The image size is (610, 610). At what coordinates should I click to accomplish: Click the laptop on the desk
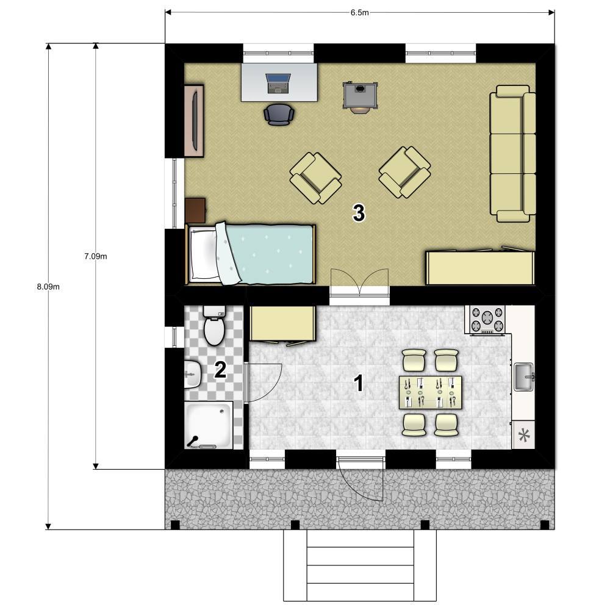tap(278, 84)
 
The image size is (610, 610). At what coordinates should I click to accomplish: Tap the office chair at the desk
tap(279, 115)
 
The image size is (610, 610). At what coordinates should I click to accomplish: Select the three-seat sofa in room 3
tap(513, 154)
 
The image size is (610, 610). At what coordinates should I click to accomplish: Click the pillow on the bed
tap(203, 254)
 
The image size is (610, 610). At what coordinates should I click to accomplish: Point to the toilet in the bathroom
tap(214, 325)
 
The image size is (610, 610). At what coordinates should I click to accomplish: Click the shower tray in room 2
tap(209, 425)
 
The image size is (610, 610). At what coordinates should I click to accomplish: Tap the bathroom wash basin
tap(193, 375)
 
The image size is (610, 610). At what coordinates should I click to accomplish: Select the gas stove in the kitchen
tap(487, 319)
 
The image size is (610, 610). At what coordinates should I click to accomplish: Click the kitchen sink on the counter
tap(524, 376)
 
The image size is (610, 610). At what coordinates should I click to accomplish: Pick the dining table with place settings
tap(430, 392)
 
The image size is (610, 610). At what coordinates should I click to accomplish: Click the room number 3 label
tap(359, 213)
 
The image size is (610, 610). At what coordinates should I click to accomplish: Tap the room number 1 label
tap(358, 383)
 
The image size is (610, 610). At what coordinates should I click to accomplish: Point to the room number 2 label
tap(220, 370)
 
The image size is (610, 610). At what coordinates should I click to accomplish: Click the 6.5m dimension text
tap(359, 12)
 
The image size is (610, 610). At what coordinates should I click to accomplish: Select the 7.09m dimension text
tap(96, 256)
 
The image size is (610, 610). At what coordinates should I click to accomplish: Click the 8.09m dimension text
tap(48, 287)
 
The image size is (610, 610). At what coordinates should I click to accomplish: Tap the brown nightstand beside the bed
tap(195, 210)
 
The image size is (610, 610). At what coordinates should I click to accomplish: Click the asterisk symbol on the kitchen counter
tap(524, 436)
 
